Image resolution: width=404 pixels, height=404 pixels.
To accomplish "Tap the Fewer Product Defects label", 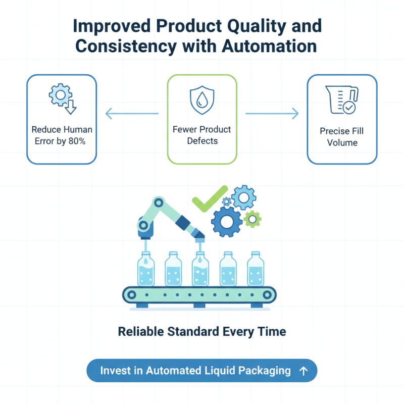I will point(201,135).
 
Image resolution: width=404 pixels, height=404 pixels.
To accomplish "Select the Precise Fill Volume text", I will point(342,137).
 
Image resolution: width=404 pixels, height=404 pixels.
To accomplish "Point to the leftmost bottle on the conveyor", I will point(146,270).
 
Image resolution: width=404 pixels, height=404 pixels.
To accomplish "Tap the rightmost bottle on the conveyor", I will point(256,270).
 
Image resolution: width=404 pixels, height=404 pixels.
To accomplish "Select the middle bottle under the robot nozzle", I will point(200,270).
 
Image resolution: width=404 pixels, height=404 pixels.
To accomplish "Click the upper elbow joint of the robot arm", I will point(160,203).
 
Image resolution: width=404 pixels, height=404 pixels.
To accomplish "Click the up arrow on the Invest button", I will point(303,371).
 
